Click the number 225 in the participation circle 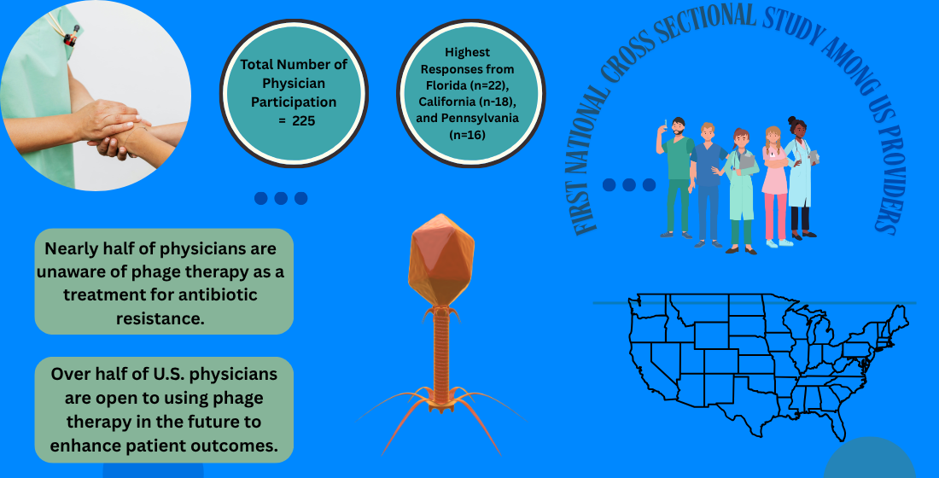click(304, 121)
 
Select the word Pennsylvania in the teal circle click(480, 119)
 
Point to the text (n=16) click(467, 136)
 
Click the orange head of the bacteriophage click(441, 259)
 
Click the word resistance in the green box click(160, 318)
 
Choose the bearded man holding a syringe click(676, 178)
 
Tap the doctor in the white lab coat click(801, 178)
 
